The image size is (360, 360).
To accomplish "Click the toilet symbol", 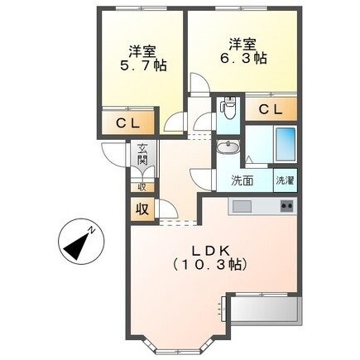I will tap(229, 108).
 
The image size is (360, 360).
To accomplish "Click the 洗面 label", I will tap(242, 180).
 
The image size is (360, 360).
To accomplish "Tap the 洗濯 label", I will tap(284, 180).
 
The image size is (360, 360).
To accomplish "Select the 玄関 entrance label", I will tap(143, 154).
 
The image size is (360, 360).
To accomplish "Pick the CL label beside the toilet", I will tap(269, 109).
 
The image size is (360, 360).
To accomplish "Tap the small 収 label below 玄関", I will tap(141, 187).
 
